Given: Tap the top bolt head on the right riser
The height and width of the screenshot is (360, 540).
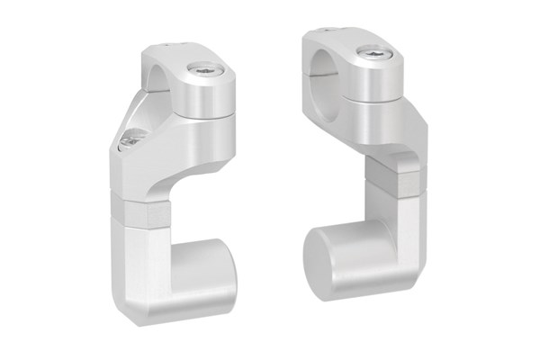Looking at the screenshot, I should click(370, 55).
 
